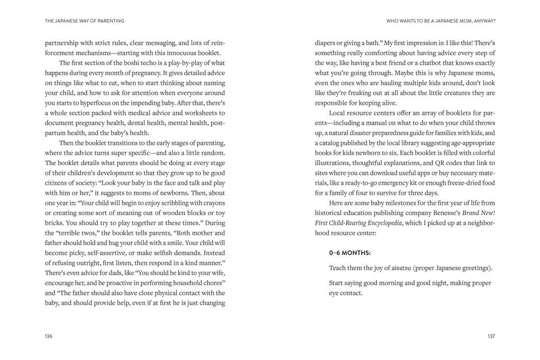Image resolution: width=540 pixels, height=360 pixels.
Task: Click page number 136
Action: [x=49, y=336]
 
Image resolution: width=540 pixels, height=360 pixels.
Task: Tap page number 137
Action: [x=491, y=336]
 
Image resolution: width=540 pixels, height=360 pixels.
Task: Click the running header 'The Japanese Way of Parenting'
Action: [x=85, y=21]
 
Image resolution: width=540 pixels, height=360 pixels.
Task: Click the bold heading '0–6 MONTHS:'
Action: [x=350, y=253]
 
